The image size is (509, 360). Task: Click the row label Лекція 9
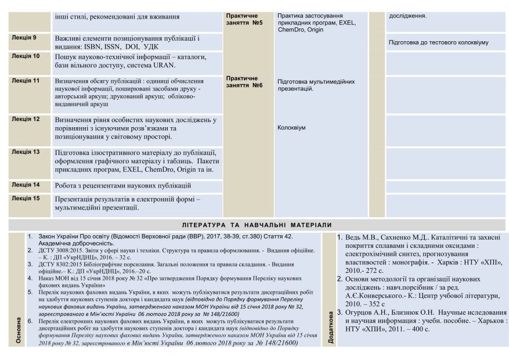coord(24,38)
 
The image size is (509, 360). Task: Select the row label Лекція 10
coord(26,56)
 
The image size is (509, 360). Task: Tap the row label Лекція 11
coord(26,81)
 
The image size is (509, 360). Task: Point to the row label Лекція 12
coord(26,119)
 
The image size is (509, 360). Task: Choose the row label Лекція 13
coord(26,152)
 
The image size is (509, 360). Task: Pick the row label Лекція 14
coord(26,185)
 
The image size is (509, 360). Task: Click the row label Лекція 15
coord(26,198)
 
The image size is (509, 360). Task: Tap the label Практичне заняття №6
coord(244,81)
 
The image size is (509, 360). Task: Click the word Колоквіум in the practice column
coord(291,128)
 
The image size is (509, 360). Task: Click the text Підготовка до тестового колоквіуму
coord(438,42)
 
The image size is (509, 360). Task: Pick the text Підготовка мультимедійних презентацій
coord(316,85)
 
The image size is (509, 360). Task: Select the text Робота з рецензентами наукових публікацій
coord(123,186)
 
